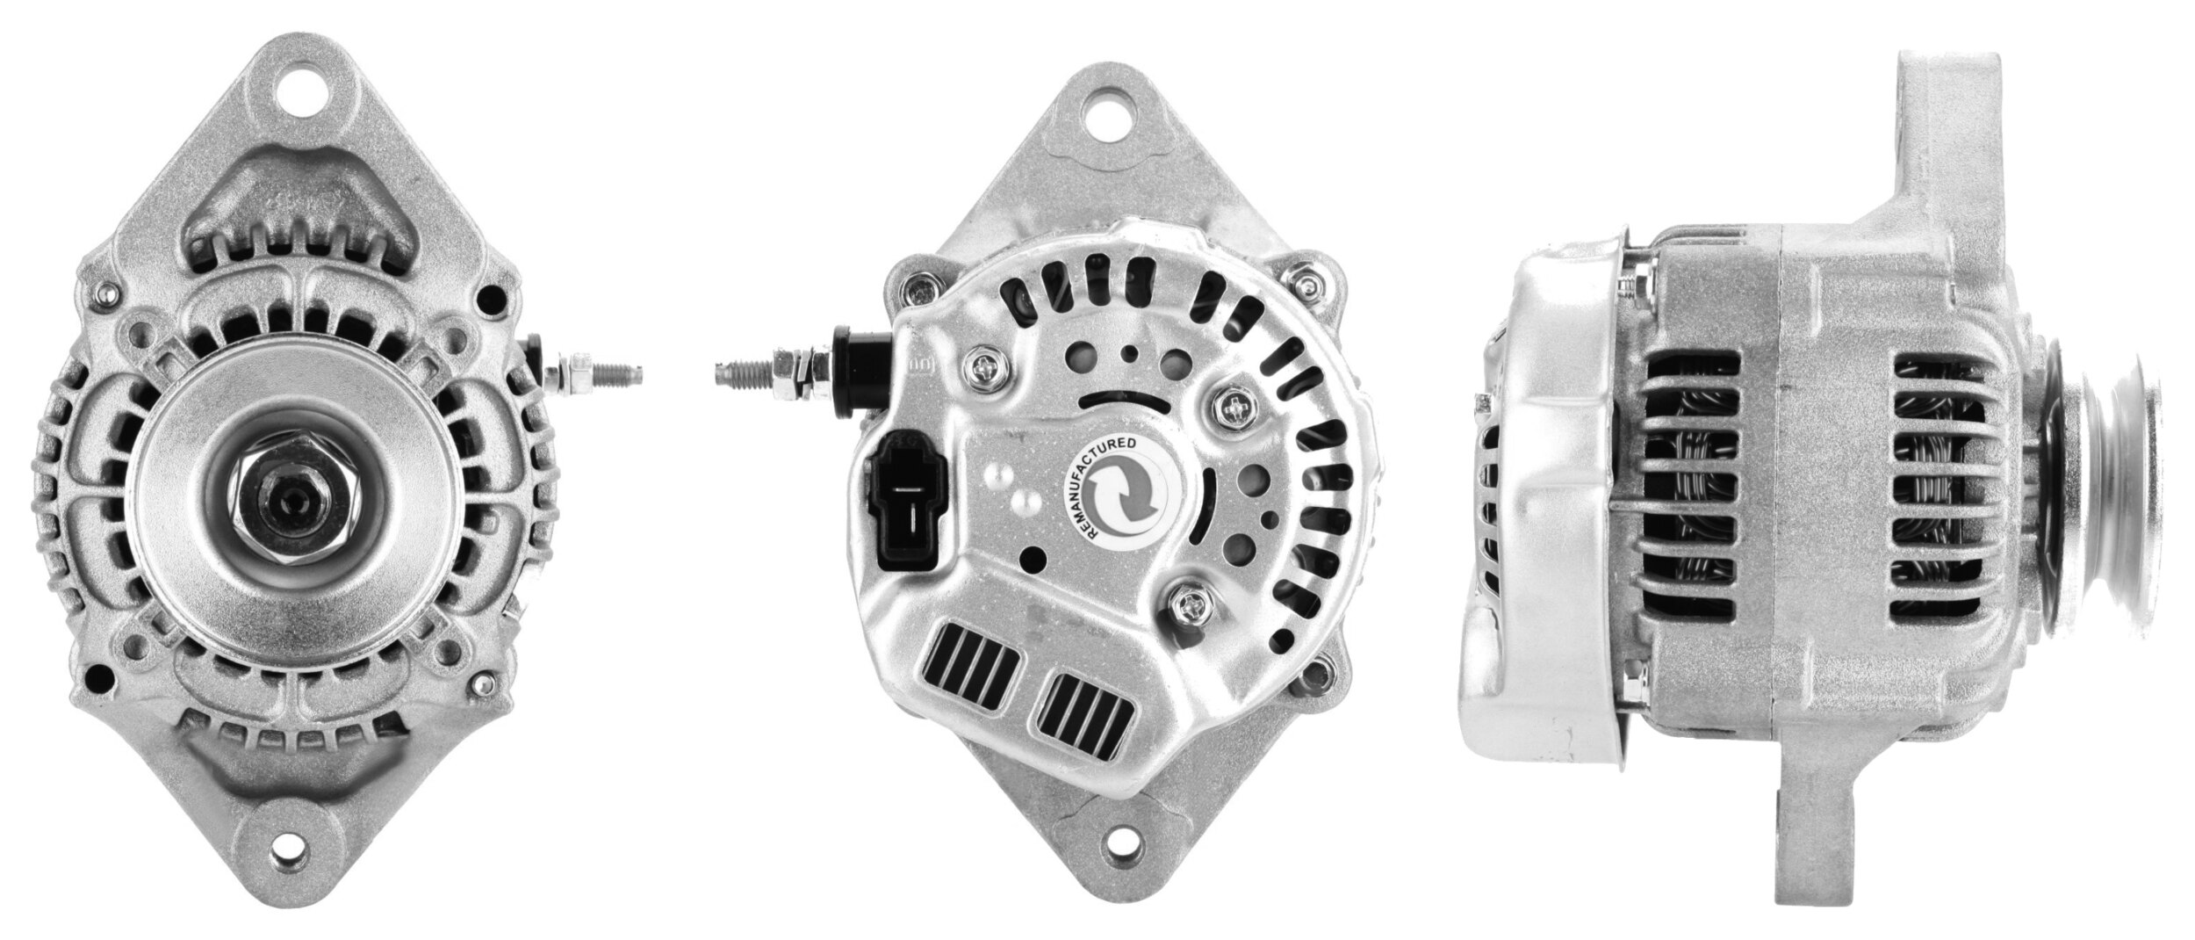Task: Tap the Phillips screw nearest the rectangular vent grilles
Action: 1187,604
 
